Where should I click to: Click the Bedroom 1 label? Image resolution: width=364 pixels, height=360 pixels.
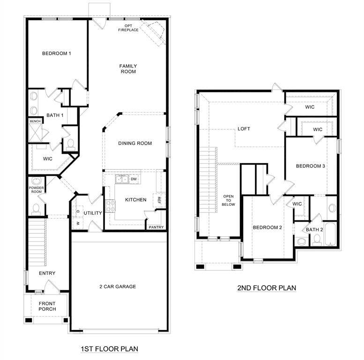[57, 53]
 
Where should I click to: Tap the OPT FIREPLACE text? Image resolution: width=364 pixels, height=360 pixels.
[128, 27]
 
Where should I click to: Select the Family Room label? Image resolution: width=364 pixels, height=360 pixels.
[128, 68]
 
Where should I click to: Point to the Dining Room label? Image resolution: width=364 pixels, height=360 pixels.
[135, 143]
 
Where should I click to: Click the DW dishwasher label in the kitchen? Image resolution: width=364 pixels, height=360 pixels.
[134, 179]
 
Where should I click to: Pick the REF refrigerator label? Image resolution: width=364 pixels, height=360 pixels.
[159, 200]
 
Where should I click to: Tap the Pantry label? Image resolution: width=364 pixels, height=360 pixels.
[156, 227]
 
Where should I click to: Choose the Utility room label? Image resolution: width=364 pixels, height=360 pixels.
[93, 213]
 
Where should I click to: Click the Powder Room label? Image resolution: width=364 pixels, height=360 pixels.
[36, 190]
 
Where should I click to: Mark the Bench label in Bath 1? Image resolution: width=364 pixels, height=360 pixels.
[35, 121]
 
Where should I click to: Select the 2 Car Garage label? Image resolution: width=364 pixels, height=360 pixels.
[118, 286]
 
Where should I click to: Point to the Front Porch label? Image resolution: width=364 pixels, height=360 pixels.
[47, 306]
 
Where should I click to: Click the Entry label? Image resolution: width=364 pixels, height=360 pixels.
[47, 273]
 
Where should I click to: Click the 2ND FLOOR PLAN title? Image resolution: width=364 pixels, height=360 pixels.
[267, 288]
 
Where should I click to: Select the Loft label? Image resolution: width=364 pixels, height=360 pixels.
[244, 129]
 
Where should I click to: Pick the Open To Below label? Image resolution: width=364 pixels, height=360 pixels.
[229, 200]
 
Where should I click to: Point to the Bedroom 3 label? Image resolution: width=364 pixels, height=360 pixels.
[310, 166]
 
